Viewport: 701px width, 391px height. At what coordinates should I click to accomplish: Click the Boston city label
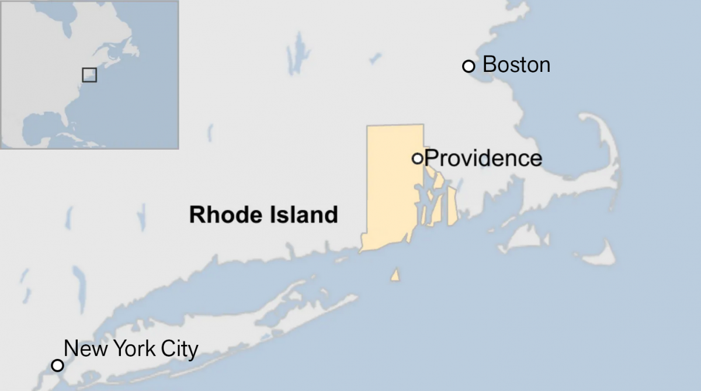pyautogui.click(x=516, y=64)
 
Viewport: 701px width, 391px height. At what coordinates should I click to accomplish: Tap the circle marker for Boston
pyautogui.click(x=469, y=66)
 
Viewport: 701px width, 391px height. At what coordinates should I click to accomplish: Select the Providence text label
pyautogui.click(x=483, y=158)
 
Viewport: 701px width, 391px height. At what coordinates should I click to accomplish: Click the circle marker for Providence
pyautogui.click(x=418, y=158)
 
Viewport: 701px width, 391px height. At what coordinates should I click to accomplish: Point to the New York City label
pyautogui.click(x=131, y=349)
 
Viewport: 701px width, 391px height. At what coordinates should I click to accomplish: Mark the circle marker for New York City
pyautogui.click(x=57, y=365)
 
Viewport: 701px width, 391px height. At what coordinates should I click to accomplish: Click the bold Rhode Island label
pyautogui.click(x=263, y=214)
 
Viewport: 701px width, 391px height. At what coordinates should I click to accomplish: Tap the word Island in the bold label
pyautogui.click(x=306, y=214)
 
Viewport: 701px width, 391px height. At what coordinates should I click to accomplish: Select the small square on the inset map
pyautogui.click(x=89, y=75)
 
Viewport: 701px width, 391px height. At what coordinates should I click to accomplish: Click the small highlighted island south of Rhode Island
pyautogui.click(x=395, y=275)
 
